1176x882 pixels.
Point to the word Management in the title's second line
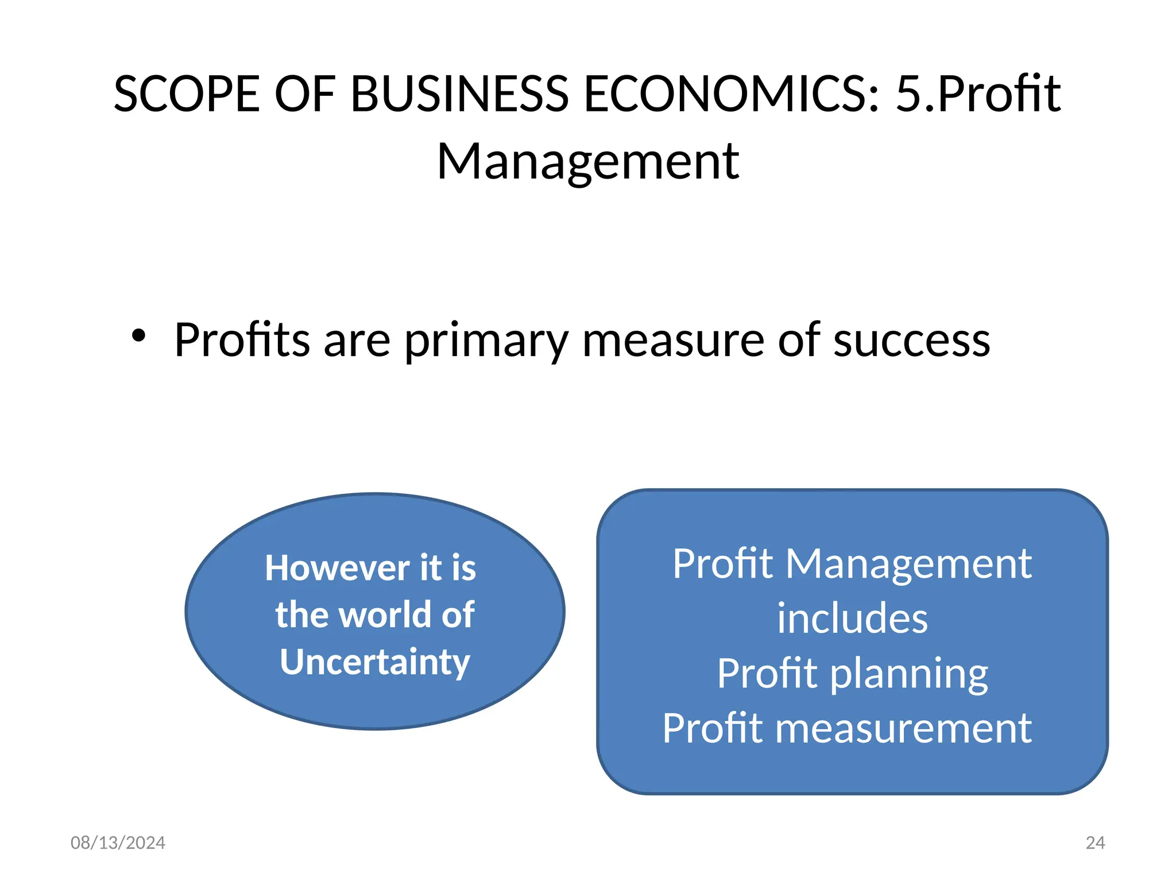[588, 163]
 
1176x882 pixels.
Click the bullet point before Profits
[138, 336]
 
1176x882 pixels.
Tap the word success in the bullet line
[911, 341]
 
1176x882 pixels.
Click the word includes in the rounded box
[852, 618]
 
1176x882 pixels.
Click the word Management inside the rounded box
[908, 564]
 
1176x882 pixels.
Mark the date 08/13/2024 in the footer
[118, 842]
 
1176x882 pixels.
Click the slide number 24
[1095, 842]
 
